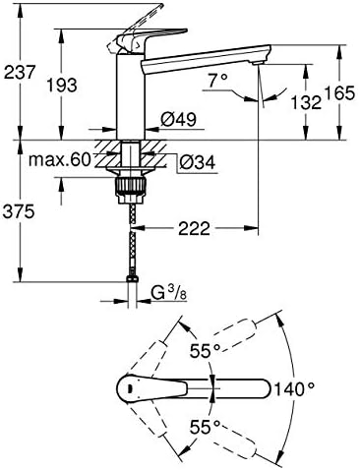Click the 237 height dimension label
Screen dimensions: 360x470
(x=19, y=72)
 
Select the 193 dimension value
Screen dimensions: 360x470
(x=62, y=86)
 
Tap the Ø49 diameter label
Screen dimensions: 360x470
(x=179, y=119)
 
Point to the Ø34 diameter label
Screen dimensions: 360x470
(x=198, y=162)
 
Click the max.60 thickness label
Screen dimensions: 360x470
(x=59, y=160)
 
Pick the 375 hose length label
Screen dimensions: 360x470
(x=19, y=211)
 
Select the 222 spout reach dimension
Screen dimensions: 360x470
(x=194, y=228)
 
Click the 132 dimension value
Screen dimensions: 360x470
(x=307, y=102)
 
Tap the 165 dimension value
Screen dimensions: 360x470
(x=339, y=93)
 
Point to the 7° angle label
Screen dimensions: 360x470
(x=218, y=81)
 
